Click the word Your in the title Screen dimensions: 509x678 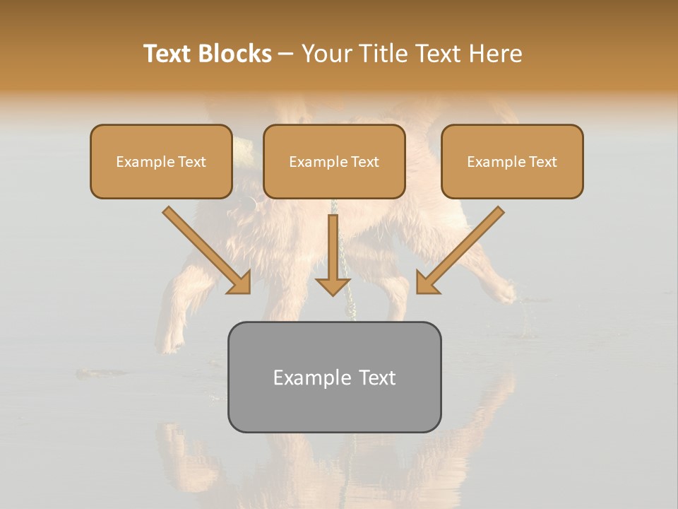(324, 54)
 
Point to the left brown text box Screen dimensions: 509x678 (161, 162)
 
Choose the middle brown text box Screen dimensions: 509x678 (334, 162)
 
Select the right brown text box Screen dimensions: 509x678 (512, 162)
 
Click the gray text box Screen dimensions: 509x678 (334, 377)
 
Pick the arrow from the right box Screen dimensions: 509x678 (463, 247)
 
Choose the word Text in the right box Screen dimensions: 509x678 (543, 162)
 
